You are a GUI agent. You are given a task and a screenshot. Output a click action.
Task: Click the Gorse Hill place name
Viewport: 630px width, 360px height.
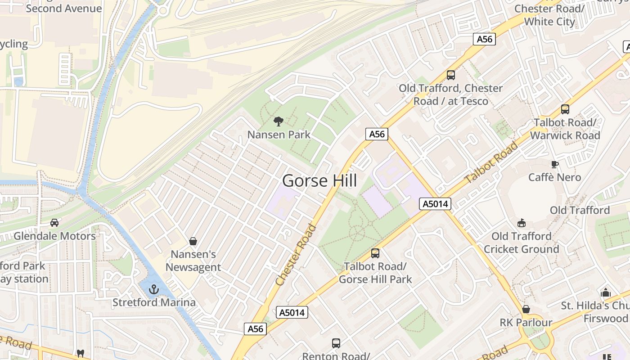pyautogui.click(x=319, y=181)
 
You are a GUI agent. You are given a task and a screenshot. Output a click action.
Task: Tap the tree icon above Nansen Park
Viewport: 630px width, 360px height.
pyautogui.click(x=279, y=121)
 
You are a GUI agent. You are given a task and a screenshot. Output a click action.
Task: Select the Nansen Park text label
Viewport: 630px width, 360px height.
pyautogui.click(x=279, y=135)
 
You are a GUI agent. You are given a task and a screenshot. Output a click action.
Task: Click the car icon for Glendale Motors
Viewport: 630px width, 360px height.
pyautogui.click(x=54, y=223)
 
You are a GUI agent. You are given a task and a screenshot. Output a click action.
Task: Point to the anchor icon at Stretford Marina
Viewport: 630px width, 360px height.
pyautogui.click(x=154, y=289)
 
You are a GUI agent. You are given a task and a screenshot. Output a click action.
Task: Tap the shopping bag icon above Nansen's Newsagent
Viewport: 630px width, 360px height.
pyautogui.click(x=193, y=242)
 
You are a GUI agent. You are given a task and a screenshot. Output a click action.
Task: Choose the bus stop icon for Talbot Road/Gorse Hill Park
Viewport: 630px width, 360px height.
pyautogui.click(x=375, y=253)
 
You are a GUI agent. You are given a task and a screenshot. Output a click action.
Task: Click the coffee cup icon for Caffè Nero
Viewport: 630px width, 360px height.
pyautogui.click(x=555, y=164)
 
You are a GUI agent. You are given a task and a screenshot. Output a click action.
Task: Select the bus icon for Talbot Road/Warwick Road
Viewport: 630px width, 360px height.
pyautogui.click(x=565, y=109)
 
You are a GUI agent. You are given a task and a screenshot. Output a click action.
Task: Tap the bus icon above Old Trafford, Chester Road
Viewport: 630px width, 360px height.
pyautogui.click(x=450, y=75)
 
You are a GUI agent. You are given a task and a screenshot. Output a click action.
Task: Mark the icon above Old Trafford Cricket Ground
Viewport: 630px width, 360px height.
pyautogui.click(x=522, y=223)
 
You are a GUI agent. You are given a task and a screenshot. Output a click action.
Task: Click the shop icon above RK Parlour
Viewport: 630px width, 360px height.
pyautogui.click(x=526, y=310)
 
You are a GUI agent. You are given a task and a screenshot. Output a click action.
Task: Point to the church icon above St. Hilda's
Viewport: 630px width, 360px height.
pyautogui.click(x=606, y=292)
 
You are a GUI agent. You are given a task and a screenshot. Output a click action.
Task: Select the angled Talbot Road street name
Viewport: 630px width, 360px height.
pyautogui.click(x=491, y=162)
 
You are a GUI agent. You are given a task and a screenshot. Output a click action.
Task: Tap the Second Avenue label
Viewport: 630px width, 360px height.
pyautogui.click(x=64, y=8)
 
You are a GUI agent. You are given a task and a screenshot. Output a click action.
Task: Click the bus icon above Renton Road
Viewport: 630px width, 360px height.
pyautogui.click(x=336, y=343)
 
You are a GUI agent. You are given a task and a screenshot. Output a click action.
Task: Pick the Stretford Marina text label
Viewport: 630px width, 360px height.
pyautogui.click(x=154, y=302)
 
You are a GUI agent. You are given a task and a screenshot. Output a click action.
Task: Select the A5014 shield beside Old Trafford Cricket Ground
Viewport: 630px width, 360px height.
pyautogui.click(x=435, y=204)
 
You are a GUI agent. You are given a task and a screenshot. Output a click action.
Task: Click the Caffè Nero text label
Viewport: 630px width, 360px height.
pyautogui.click(x=554, y=177)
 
